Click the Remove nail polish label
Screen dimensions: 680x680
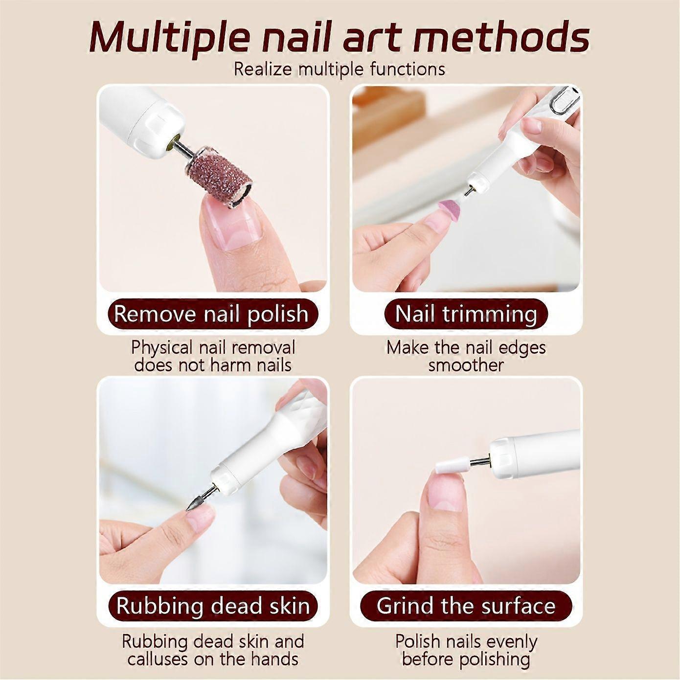tap(211, 314)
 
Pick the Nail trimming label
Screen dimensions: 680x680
tap(466, 314)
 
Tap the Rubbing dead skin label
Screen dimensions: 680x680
tap(213, 606)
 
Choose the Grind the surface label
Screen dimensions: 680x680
tap(466, 606)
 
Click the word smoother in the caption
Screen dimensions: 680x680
tap(465, 365)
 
